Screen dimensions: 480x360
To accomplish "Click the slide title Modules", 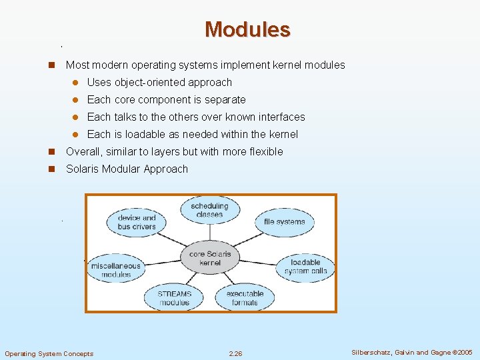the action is (247, 29).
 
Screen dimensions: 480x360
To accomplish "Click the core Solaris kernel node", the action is (210, 258).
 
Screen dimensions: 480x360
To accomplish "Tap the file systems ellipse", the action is (284, 222).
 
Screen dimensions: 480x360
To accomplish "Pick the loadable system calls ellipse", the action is (305, 267).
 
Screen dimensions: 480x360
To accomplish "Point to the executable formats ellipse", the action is (245, 298).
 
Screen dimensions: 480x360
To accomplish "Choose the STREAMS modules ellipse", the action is (174, 298).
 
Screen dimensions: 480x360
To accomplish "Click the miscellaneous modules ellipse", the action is (116, 270).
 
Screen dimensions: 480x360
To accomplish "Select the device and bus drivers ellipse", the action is (136, 222).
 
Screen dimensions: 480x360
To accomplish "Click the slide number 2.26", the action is (235, 353).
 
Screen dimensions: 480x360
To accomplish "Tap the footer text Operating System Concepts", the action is (49, 353).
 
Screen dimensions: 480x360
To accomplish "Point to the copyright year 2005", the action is (463, 353).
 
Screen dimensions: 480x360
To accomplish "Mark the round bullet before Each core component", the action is (76, 100).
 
